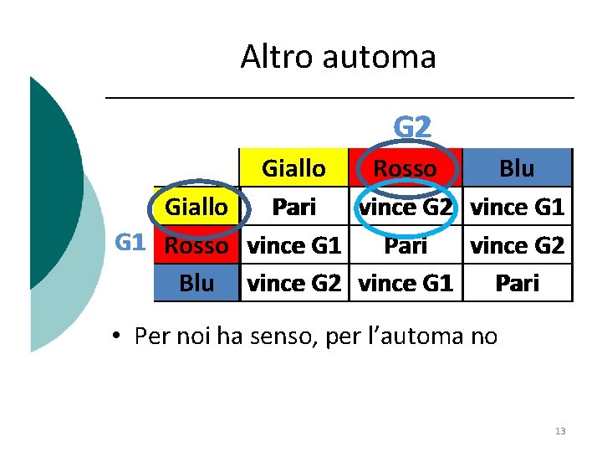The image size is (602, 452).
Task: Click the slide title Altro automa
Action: pos(338,57)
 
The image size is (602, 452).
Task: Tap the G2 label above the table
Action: pos(412,127)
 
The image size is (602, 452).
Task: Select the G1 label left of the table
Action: pos(130,244)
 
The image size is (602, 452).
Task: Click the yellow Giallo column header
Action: pos(293,168)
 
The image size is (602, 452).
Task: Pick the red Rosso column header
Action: pos(405,168)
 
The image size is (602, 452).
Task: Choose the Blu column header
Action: pos(517,168)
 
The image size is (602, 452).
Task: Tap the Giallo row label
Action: pos(196,206)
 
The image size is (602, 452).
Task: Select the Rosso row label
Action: pos(196,245)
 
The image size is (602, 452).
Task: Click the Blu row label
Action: pos(196,284)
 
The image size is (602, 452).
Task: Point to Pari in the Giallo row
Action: pos(294,207)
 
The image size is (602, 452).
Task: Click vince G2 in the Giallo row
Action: pos(406,207)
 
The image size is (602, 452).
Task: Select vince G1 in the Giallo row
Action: pos(518,207)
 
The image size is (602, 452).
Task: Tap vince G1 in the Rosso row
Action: pos(294,245)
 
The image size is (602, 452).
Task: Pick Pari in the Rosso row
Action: pos(406,245)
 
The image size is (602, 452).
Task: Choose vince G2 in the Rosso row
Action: pos(518,245)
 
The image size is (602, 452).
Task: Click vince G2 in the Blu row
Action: pos(294,284)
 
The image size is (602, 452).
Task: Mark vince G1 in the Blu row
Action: pos(406,284)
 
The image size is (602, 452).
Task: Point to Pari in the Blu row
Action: pos(518,284)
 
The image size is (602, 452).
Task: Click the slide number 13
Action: pos(560,431)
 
